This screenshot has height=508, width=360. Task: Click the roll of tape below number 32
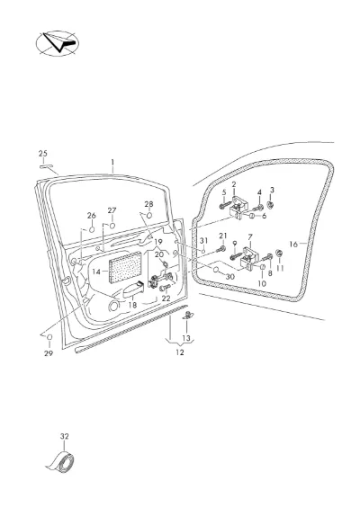tap(61, 461)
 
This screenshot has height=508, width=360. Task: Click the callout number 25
tap(43, 154)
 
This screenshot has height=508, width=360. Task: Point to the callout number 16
tap(293, 245)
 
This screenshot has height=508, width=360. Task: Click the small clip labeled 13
tap(187, 315)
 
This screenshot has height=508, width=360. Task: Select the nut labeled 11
tap(279, 253)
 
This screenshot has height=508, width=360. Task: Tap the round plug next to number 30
tap(216, 270)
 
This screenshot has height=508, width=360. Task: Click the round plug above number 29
tap(49, 337)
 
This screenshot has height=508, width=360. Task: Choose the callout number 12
tap(180, 352)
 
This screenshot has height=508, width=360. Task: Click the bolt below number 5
tap(225, 205)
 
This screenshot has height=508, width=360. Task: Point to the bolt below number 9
tap(235, 257)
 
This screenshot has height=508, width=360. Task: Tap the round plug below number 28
tap(149, 215)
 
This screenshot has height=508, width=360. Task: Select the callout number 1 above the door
tap(112, 162)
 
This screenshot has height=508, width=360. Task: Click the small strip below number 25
tap(46, 166)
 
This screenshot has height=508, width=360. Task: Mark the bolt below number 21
tap(221, 249)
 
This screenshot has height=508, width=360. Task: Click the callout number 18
tap(132, 305)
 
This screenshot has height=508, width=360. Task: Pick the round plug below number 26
tap(92, 229)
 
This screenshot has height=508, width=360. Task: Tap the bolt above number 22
tap(165, 287)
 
